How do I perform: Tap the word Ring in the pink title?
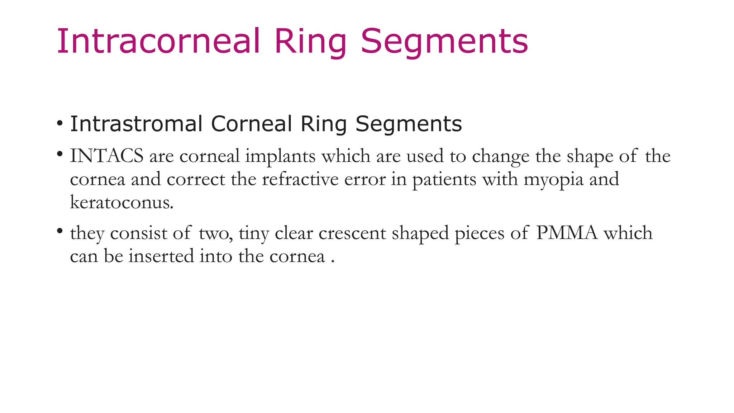[x=310, y=42]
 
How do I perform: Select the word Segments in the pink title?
[x=444, y=42]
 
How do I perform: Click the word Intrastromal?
[x=137, y=124]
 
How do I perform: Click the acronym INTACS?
[x=106, y=156]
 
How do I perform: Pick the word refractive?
[x=300, y=179]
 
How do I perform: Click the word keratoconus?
[x=121, y=203]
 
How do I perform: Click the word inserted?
[x=161, y=256]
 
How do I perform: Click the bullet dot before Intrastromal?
[x=60, y=124]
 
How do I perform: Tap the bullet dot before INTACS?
[x=60, y=155]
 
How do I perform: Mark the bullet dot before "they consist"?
[x=60, y=231]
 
